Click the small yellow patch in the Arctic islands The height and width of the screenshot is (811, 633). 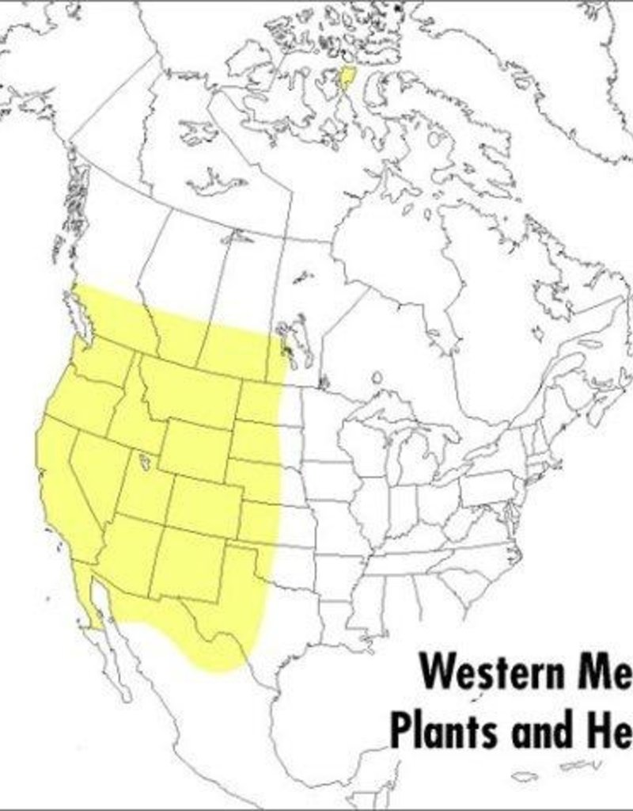pyautogui.click(x=346, y=78)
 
